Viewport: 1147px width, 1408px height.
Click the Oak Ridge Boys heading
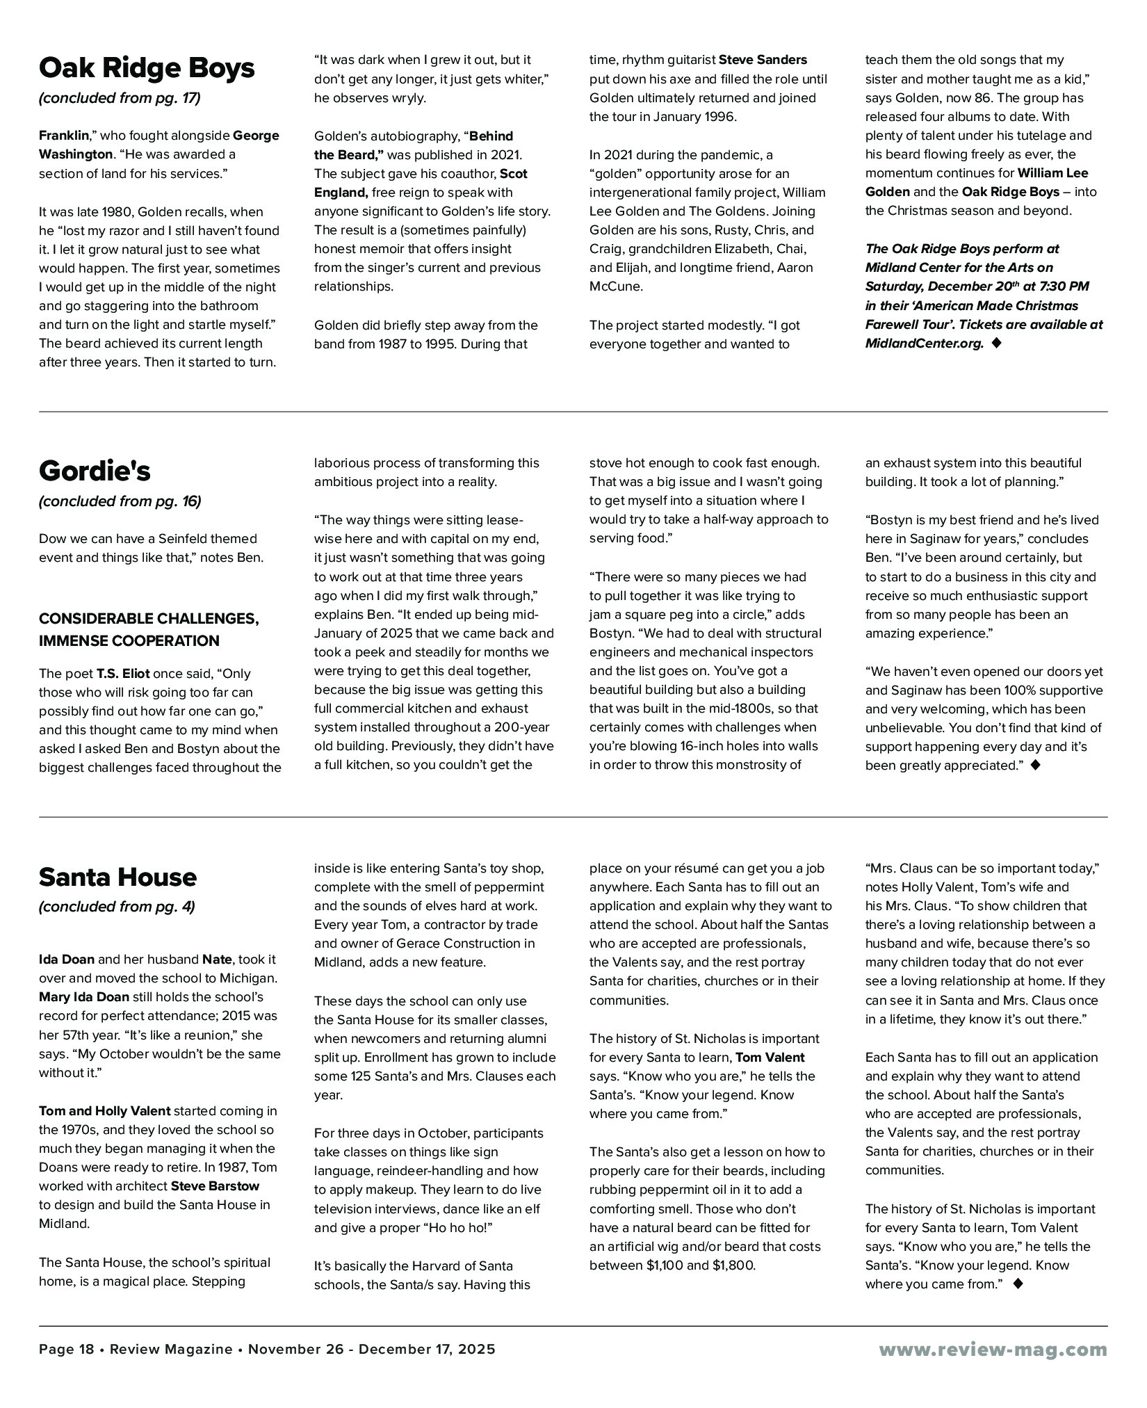pos(147,68)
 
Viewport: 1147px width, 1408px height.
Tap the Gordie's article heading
pos(95,471)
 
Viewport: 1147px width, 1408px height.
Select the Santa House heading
pos(117,877)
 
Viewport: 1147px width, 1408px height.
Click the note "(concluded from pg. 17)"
pos(120,98)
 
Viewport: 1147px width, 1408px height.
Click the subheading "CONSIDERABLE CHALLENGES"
pos(149,619)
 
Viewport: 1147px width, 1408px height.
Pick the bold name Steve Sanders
pos(763,60)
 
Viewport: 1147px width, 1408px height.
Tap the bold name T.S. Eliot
pos(122,673)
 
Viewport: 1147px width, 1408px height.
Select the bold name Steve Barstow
pos(215,1186)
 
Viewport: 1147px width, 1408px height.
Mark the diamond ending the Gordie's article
pos(1035,765)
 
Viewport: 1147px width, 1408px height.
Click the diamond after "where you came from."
pos(1018,1284)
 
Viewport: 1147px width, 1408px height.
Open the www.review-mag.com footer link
pos(993,1349)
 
